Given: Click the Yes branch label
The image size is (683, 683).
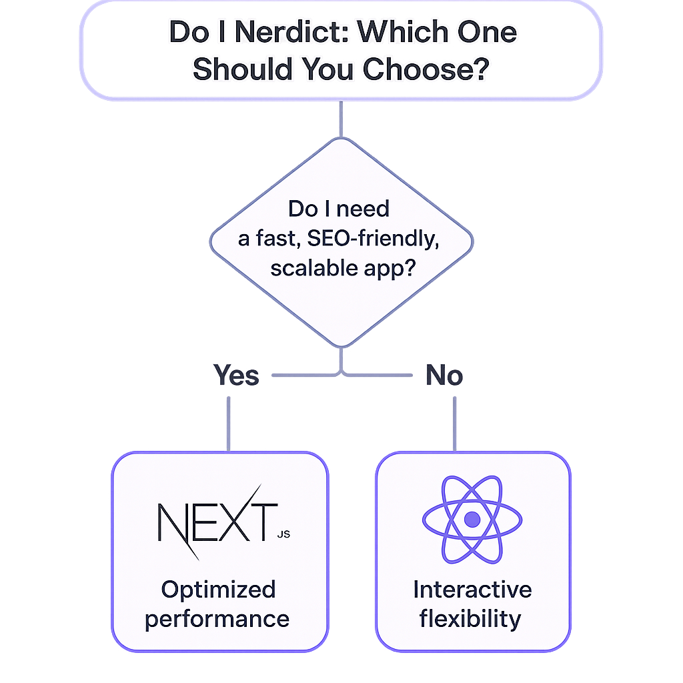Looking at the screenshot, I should click(236, 376).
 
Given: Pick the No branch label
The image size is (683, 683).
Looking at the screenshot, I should click(444, 376).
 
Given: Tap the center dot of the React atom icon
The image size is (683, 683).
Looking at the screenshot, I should click(472, 519).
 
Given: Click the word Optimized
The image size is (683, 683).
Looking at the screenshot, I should click(218, 589).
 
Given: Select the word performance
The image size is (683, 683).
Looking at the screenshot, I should click(217, 618).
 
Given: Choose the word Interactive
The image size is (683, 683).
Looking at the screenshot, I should click(472, 589).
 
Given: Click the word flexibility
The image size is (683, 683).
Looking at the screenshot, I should click(470, 618).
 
